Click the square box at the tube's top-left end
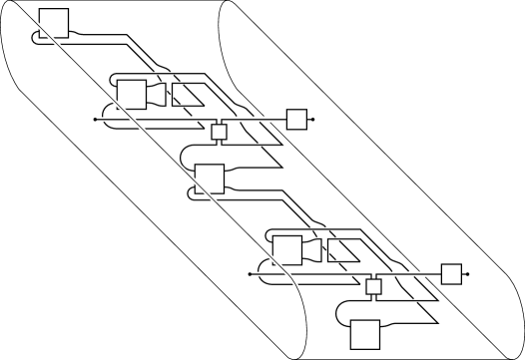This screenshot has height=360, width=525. [x=54, y=22]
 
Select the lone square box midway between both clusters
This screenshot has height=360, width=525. [x=210, y=179]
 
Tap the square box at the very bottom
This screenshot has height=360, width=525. [x=365, y=334]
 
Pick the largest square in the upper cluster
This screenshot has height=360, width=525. [x=132, y=94]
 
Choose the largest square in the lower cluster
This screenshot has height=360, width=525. [x=287, y=248]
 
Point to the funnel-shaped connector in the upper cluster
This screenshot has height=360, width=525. [x=156, y=95]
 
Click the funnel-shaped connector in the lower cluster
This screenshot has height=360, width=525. [x=311, y=249]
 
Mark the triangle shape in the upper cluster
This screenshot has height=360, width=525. [x=186, y=96]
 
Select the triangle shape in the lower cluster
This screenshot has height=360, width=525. [x=341, y=250]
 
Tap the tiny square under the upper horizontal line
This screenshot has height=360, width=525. [x=221, y=132]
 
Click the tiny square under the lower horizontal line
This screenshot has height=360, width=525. [x=375, y=287]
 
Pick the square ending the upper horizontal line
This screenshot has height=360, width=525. [x=296, y=119]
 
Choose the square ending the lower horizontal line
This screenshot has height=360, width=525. [x=451, y=273]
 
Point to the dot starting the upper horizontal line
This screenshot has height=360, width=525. [x=94, y=119]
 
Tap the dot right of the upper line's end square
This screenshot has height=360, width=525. [x=313, y=119]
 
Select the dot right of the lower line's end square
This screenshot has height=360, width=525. [x=468, y=273]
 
